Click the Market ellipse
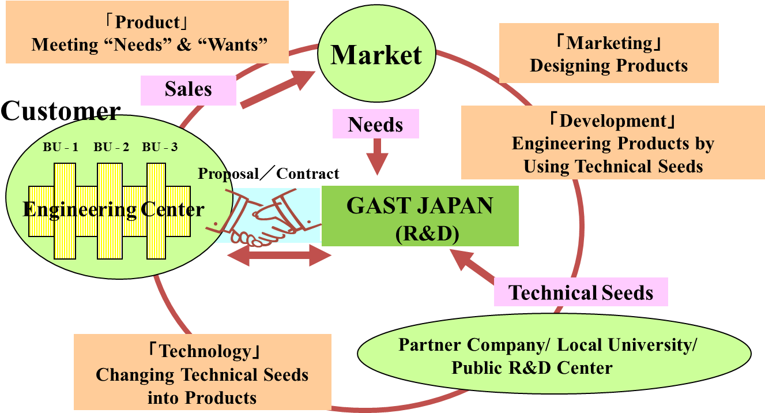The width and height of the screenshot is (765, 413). pos(376,55)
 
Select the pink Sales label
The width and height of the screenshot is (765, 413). pos(189,90)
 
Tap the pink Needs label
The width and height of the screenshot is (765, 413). pos(376,124)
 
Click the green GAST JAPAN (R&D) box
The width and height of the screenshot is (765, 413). pos(420,216)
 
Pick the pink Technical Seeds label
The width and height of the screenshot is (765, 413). pos(581,292)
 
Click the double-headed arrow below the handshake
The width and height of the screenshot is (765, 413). pos(279,256)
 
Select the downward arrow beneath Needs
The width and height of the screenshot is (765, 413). pos(378,157)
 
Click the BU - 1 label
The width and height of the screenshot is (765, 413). pos(61,147)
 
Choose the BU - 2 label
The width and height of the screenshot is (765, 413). pos(111,147)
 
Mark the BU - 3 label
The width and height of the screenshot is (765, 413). pos(160,147)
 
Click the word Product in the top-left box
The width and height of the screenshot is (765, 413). pos(148,22)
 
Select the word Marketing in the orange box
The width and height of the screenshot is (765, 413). pos(609,43)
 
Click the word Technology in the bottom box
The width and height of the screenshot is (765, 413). pos(205,351)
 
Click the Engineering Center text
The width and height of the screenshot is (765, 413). pos(113,209)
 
